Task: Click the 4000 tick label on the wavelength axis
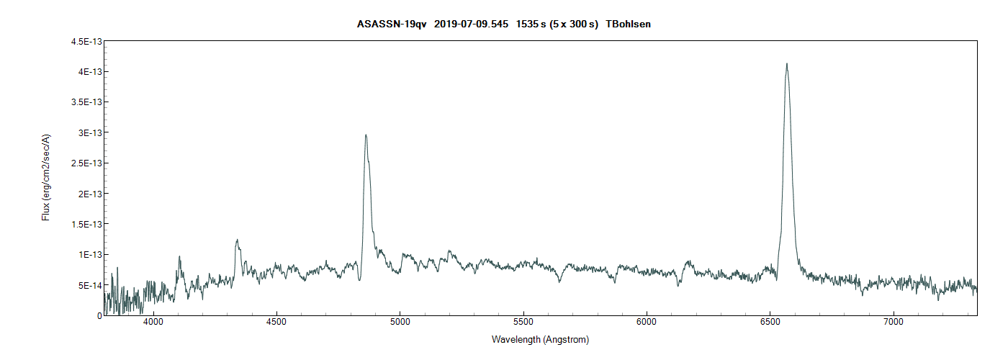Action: (153, 323)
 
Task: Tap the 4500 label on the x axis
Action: (276, 323)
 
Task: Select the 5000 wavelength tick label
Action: (400, 323)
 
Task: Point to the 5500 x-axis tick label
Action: (523, 323)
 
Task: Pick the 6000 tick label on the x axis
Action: (647, 323)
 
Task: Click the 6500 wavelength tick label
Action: (770, 323)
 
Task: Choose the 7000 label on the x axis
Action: (893, 323)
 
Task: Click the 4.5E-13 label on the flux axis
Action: (85, 42)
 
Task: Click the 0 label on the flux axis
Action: (99, 315)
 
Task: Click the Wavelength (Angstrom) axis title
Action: (540, 339)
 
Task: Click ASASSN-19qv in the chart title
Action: (392, 24)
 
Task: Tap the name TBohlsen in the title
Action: (629, 24)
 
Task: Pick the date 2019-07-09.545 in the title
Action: (472, 24)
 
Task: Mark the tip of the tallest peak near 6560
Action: (786, 63)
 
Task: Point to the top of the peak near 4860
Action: (366, 135)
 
